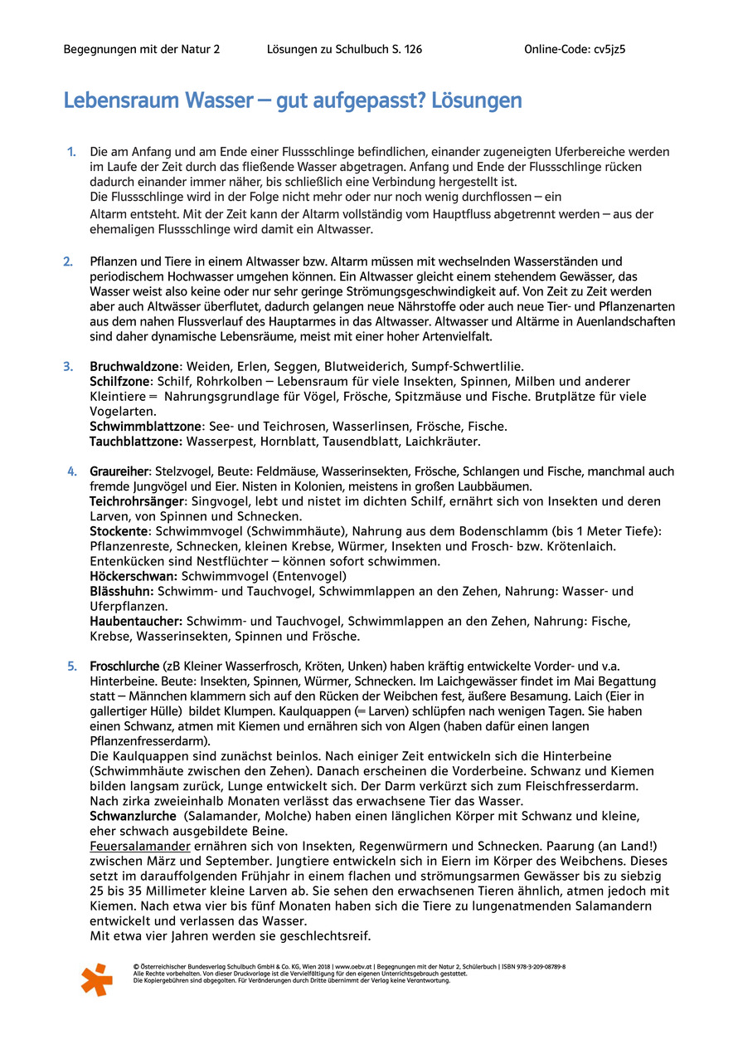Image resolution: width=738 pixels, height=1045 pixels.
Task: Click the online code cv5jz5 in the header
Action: (609, 49)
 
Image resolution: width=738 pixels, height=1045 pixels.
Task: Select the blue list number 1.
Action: (71, 152)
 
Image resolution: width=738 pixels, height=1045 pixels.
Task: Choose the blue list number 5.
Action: (72, 666)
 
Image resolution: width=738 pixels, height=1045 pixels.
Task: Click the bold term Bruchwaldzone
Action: (135, 366)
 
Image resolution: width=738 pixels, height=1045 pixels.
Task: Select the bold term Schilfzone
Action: (120, 381)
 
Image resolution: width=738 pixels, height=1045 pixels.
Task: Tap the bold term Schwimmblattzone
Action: (146, 426)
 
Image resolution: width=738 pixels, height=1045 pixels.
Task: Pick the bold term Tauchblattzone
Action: (136, 441)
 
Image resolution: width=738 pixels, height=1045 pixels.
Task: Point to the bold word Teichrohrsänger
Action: (136, 501)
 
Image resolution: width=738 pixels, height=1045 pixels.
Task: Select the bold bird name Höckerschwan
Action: (134, 576)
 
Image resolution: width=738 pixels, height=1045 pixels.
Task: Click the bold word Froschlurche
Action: (124, 666)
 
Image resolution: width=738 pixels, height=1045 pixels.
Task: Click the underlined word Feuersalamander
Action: (140, 846)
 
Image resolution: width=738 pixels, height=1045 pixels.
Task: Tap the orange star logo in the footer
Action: (96, 979)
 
